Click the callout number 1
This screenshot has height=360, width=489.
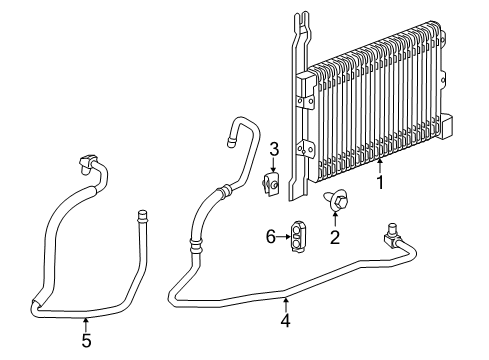(x=379, y=183)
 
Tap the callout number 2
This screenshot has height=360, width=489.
(x=336, y=237)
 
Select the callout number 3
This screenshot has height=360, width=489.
(x=272, y=149)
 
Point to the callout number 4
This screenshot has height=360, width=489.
(x=286, y=321)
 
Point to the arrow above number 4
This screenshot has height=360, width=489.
(x=286, y=304)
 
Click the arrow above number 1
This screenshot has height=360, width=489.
(x=379, y=165)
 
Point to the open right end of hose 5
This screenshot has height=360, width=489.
(x=142, y=215)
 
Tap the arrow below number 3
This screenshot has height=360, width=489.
(x=272, y=166)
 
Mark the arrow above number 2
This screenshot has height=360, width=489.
(x=336, y=220)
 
